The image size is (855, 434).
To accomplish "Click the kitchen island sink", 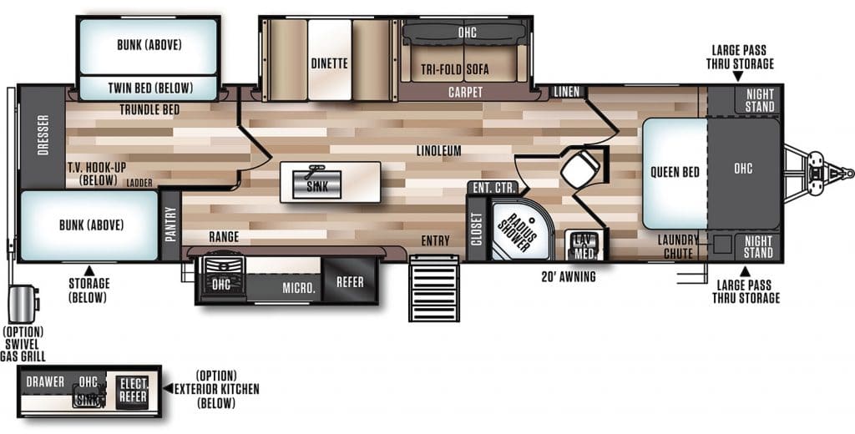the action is tap(316, 184).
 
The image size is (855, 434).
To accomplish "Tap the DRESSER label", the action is tap(43, 134).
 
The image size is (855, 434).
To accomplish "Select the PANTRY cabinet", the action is tap(170, 224).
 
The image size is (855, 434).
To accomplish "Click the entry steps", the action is tap(434, 287).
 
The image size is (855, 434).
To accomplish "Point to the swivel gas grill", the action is tap(23, 304).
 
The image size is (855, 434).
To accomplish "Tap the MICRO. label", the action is tap(298, 289).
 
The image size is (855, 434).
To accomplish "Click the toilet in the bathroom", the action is tap(581, 166).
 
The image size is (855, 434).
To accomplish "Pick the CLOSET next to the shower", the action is tap(477, 229).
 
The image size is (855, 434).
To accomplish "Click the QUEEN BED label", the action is tap(675, 173).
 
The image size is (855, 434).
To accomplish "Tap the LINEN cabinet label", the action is tap(567, 92).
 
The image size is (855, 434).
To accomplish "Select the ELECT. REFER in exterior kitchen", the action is tap(133, 390).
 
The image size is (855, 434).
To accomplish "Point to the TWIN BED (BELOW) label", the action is tap(150, 88).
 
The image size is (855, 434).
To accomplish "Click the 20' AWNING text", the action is tap(569, 277).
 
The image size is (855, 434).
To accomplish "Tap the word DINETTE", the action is tap(329, 63).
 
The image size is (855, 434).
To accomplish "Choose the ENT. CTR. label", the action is tap(494, 189).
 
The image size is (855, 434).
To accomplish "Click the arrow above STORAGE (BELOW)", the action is tap(89, 270).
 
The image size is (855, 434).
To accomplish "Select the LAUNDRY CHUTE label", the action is tap(678, 246).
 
